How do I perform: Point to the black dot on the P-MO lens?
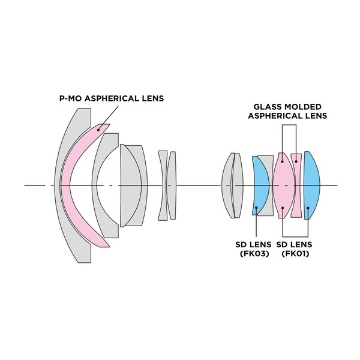100,127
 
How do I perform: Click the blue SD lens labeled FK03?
260,186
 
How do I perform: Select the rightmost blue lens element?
312,186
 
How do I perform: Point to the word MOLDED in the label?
303,106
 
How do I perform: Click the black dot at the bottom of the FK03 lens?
256,209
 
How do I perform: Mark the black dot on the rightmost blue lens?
308,208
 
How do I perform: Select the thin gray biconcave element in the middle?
163,186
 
